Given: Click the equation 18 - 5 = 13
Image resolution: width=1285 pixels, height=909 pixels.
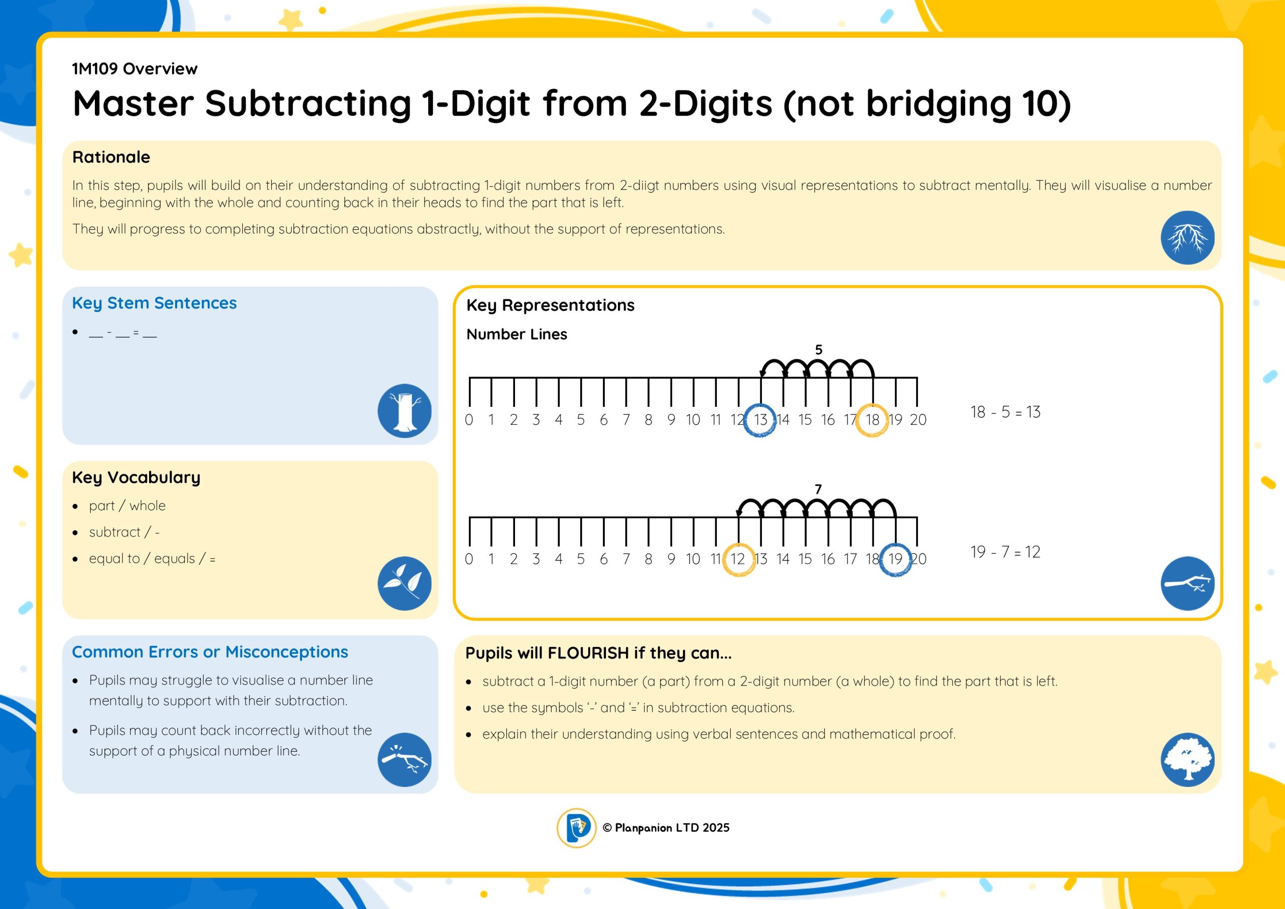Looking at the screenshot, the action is tap(1005, 412).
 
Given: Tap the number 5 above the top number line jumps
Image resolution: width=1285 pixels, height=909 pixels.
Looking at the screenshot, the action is tap(819, 350).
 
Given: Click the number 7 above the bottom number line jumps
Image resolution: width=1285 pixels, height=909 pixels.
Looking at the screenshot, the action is tap(818, 490).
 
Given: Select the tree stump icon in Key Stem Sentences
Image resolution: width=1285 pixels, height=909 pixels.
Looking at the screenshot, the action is tap(404, 410).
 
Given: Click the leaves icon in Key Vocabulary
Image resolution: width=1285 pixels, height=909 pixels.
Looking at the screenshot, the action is tap(404, 583).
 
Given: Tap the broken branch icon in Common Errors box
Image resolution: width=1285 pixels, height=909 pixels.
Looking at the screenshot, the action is tap(404, 759).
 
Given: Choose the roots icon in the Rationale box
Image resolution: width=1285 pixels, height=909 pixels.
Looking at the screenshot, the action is tap(1188, 238).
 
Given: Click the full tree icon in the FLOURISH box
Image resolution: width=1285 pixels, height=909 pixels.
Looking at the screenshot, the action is tap(1188, 759).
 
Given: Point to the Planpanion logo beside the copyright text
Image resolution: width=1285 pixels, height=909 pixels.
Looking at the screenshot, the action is tap(576, 828).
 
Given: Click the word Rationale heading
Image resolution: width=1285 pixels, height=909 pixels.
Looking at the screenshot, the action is tap(111, 157).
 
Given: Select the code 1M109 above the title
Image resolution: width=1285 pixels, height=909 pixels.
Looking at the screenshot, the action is tap(94, 69).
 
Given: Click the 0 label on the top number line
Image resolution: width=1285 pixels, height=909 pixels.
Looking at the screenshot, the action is tap(469, 419).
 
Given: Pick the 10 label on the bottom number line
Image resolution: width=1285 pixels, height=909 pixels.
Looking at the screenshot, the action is tap(693, 559).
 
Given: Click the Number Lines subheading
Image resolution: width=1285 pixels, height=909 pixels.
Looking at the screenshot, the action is tap(517, 334).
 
